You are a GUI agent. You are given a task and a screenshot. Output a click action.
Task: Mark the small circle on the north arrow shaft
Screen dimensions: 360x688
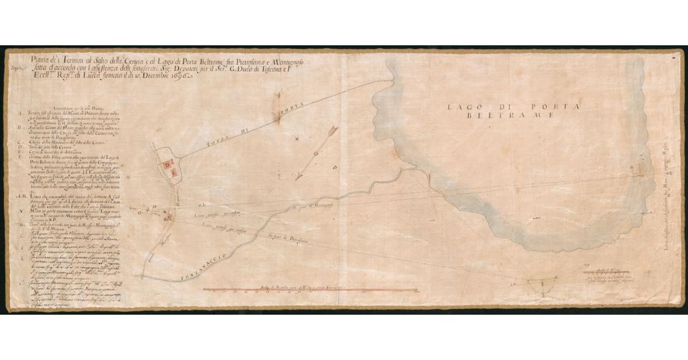pyautogui.click(x=315, y=155)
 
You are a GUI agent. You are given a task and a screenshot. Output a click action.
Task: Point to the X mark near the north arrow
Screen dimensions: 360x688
pyautogui.click(x=296, y=139)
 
